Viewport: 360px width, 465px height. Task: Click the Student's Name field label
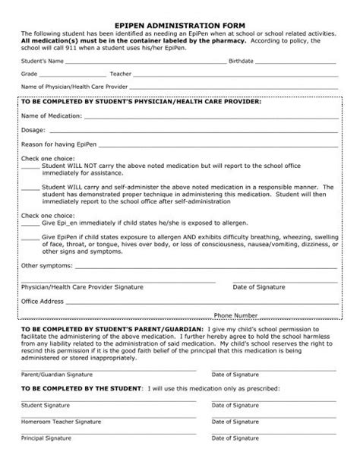click(x=42, y=59)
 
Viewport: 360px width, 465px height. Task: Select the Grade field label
click(x=30, y=74)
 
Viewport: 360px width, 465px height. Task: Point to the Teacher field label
click(x=120, y=74)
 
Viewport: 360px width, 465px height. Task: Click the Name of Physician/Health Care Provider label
click(x=75, y=88)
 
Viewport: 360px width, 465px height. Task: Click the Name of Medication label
click(x=52, y=117)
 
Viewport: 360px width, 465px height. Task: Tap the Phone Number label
click(x=236, y=315)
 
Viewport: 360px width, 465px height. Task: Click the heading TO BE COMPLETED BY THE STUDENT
click(x=81, y=388)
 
